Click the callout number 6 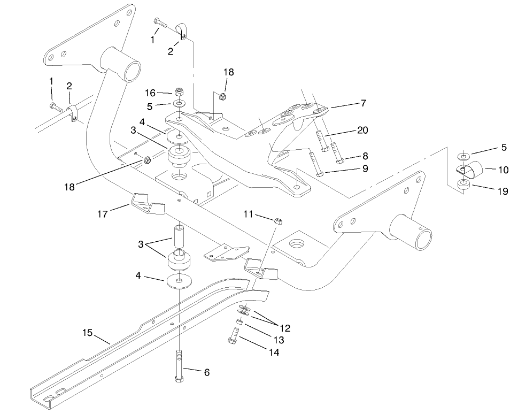(x=206, y=372)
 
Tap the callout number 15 (x=88, y=333)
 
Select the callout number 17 (x=103, y=214)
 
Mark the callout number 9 (x=365, y=168)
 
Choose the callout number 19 (x=502, y=191)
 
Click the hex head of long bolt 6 (x=179, y=379)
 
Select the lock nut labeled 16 (x=179, y=91)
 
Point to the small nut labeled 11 (x=278, y=220)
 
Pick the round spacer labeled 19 (x=464, y=185)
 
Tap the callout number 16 (x=150, y=93)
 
